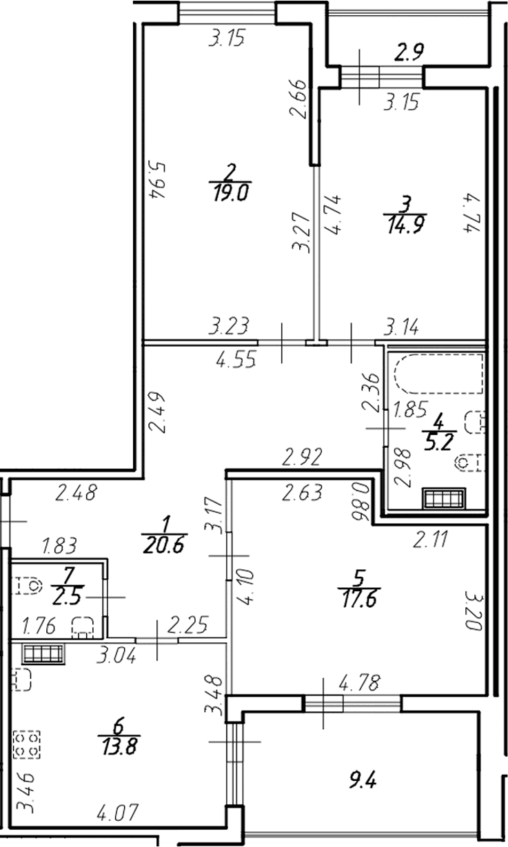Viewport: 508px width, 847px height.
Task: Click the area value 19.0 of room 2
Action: pos(230,192)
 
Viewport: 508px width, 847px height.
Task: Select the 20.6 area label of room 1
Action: pos(165,545)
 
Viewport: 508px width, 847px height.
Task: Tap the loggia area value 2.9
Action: pos(409,52)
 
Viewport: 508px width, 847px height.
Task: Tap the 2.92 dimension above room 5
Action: pos(303,456)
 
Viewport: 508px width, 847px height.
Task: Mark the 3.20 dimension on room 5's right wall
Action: pos(474,611)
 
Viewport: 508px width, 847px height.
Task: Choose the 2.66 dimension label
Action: pos(298,99)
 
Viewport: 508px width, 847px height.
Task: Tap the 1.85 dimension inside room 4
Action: pos(410,409)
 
